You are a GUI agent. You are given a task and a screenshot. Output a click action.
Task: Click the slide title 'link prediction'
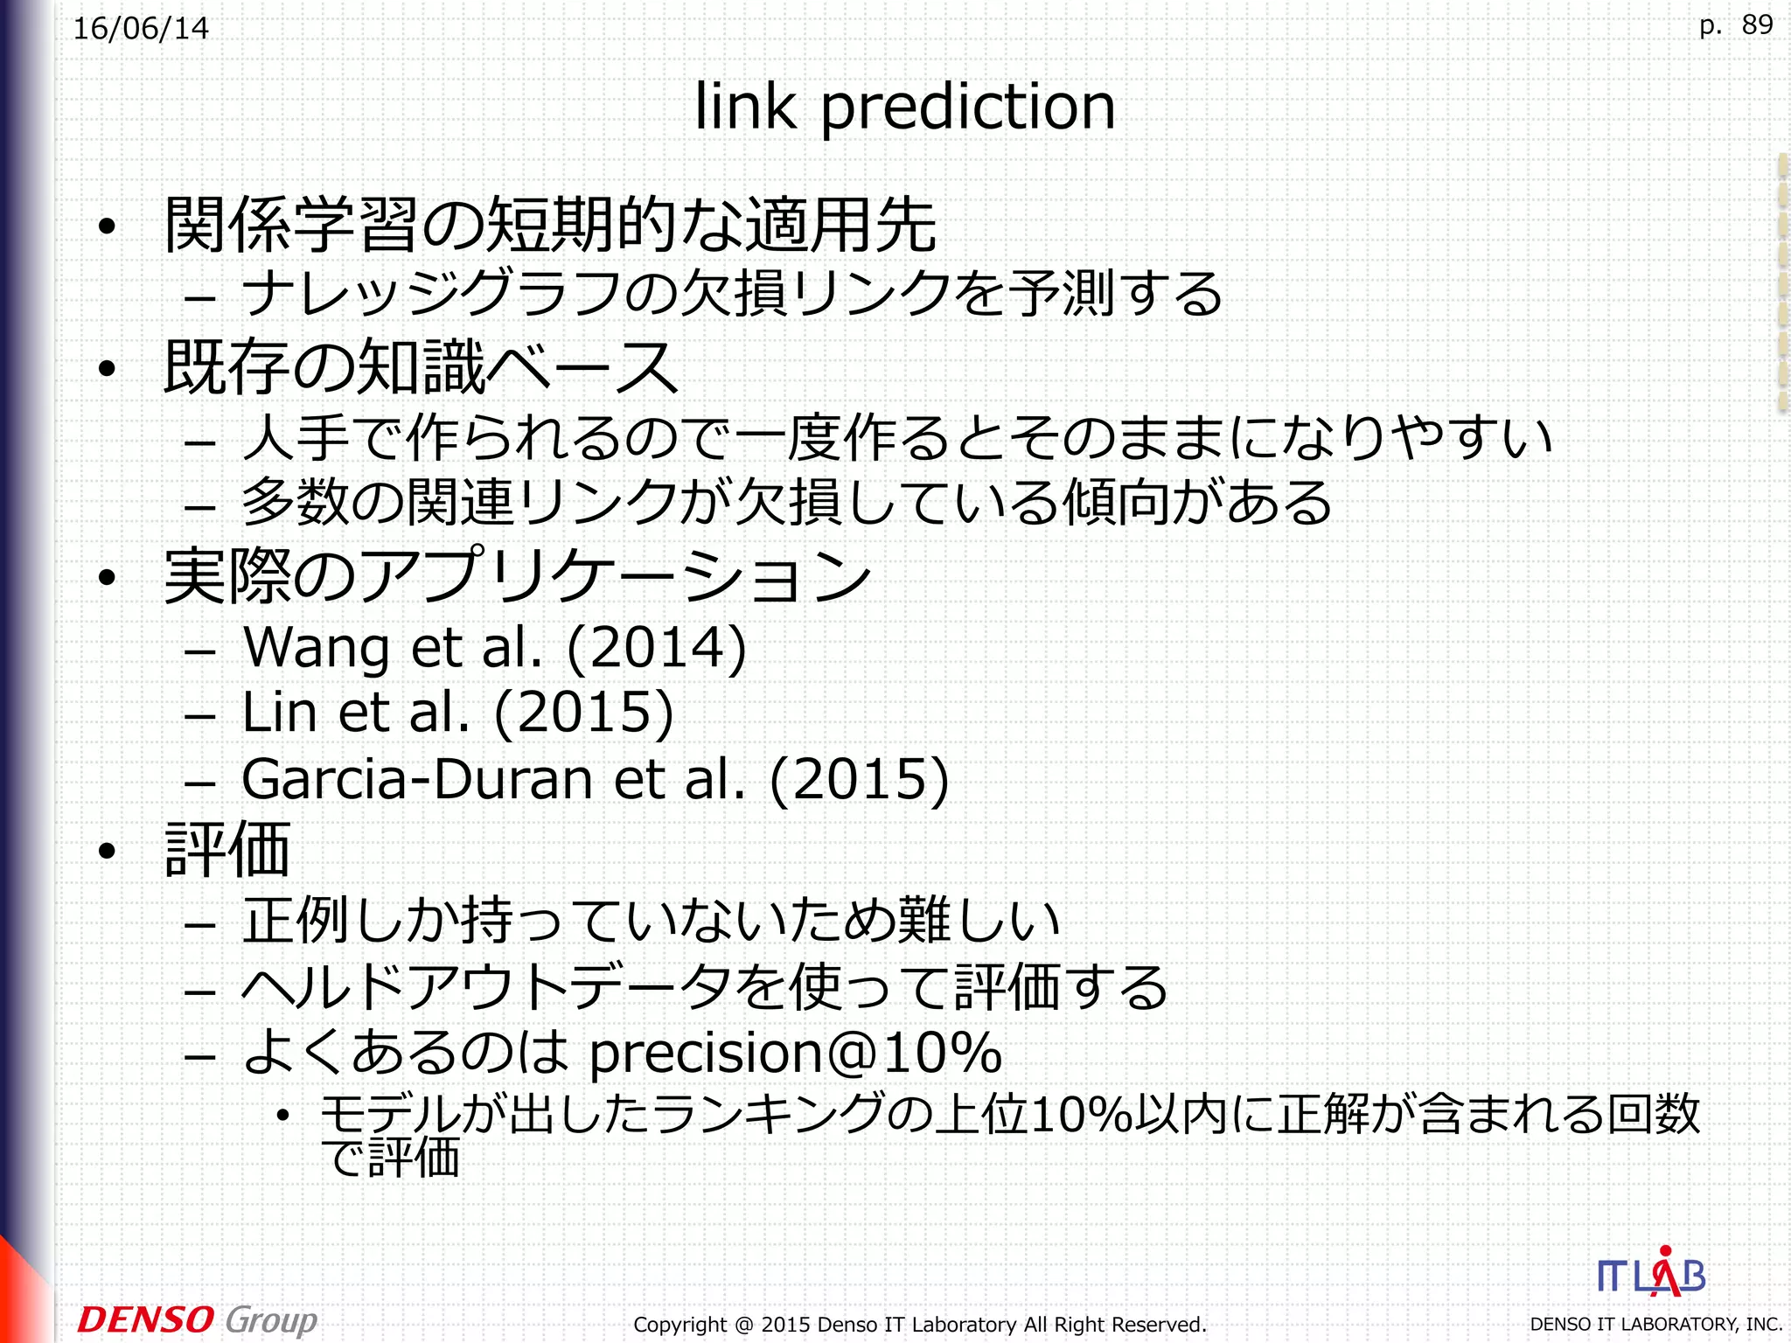904,107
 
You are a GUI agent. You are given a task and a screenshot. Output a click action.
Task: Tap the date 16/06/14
141,29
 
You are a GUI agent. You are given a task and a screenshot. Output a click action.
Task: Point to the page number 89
1756,24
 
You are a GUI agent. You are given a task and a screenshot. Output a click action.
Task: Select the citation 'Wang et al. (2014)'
494,647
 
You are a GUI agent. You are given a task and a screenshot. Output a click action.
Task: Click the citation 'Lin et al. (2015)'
457,712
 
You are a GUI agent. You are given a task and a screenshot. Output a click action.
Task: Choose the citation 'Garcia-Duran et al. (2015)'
595,778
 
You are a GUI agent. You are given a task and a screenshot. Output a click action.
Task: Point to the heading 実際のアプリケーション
518,575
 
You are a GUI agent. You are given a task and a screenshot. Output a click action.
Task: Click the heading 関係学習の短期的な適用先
551,225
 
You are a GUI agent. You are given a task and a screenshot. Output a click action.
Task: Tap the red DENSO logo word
145,1319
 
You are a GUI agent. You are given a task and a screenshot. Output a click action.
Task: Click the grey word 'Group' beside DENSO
271,1319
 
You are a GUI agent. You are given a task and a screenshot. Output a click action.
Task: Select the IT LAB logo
1651,1275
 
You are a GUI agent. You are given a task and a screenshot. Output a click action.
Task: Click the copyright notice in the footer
919,1325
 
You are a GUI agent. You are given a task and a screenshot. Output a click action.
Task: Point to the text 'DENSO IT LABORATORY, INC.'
1655,1325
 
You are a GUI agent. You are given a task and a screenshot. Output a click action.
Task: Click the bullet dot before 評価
107,851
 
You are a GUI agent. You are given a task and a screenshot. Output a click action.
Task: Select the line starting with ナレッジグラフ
731,294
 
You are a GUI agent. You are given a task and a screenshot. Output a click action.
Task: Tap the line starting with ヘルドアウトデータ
705,987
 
